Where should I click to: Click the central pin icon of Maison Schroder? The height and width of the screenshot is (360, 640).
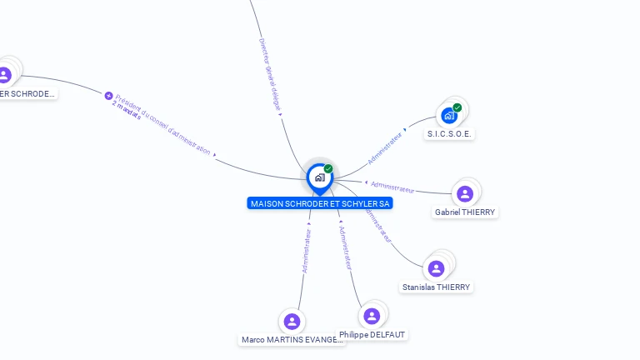coord(319,177)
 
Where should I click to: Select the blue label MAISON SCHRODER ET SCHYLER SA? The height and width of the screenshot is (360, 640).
coord(320,203)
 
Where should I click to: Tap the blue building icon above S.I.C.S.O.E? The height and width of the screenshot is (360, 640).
coord(449,115)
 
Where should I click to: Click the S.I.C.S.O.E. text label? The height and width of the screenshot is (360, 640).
coord(451,133)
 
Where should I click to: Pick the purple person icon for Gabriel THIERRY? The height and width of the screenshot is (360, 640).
coord(465,194)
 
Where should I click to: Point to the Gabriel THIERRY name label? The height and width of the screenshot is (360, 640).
coord(465,212)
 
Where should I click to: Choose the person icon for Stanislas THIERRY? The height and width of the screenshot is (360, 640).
coord(436,268)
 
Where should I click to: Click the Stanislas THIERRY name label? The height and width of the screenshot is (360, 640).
coord(436,287)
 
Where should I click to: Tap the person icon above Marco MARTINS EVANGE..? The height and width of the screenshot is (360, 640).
coord(292,321)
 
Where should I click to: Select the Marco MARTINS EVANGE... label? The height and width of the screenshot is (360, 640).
coord(292,340)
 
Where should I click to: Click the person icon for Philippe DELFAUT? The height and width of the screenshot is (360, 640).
coord(372,316)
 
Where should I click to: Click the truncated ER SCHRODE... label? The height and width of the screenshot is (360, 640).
coord(27,93)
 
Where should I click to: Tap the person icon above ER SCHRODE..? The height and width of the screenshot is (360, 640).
coord(5,74)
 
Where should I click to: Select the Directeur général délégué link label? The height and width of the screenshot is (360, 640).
coord(270,74)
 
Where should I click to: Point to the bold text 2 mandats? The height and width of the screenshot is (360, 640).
coord(127,110)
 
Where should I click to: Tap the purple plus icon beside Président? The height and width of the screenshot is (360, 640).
coord(108,96)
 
